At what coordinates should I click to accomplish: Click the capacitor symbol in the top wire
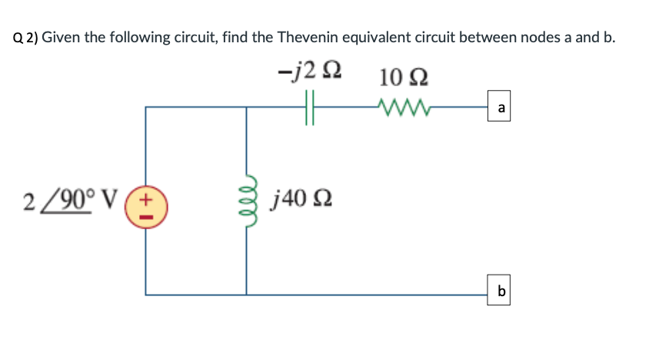coord(311,107)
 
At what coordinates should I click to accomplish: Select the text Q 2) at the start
coord(25,38)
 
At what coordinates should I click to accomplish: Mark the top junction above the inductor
coord(247,107)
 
